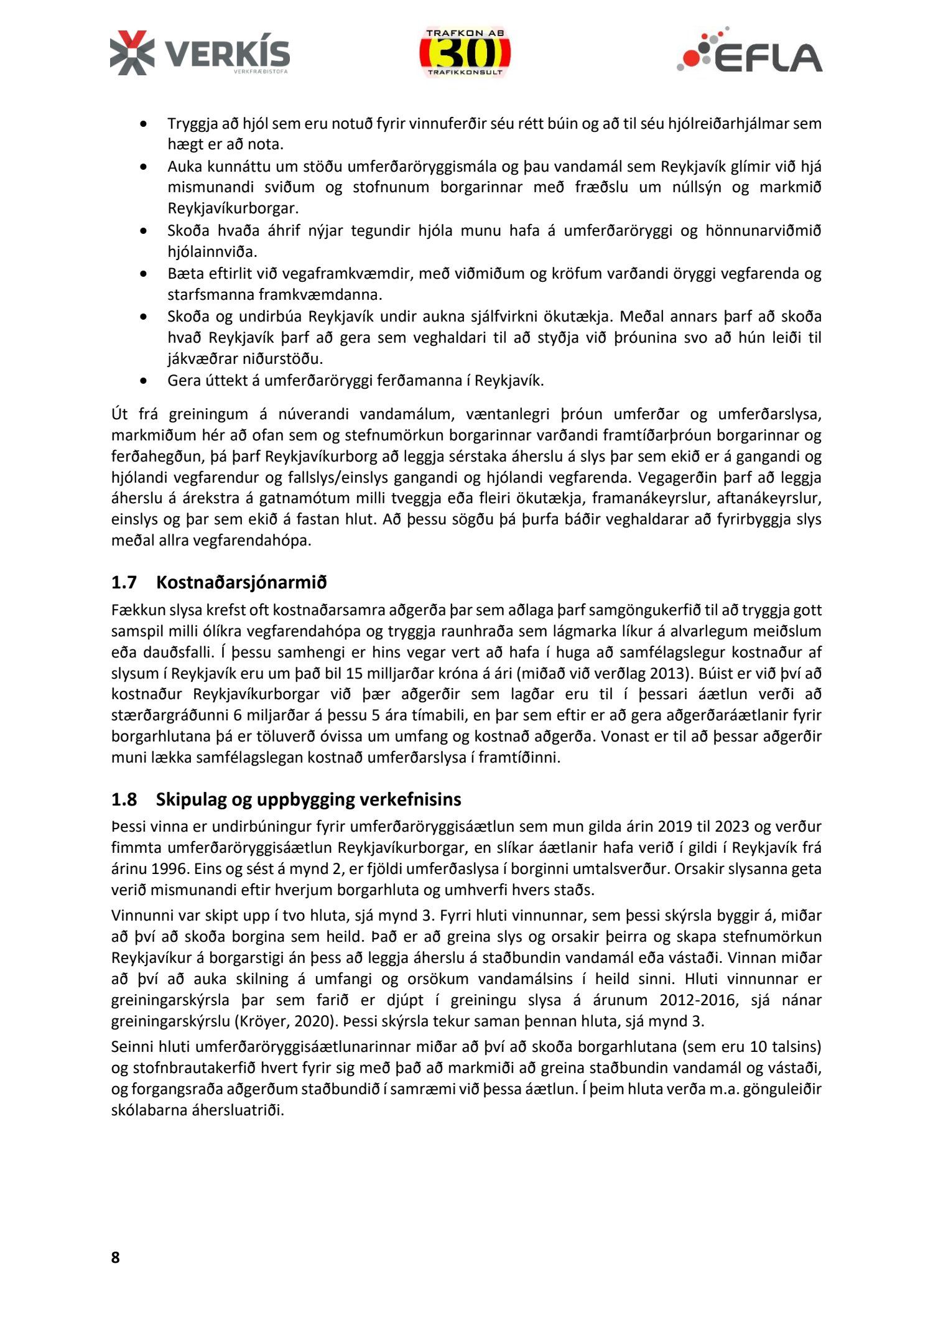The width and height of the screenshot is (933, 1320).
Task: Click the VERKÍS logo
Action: coord(200,53)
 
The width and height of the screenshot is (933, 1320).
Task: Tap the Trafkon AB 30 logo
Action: coord(465,53)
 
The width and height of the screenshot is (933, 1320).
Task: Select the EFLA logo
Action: coord(750,50)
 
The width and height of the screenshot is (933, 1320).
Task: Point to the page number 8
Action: coord(116,1257)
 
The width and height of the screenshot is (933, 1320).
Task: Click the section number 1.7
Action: coord(124,582)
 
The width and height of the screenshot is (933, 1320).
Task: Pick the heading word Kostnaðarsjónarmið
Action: coord(241,582)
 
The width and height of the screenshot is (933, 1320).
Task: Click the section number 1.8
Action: coord(124,799)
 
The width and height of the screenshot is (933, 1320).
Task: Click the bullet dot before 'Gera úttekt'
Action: coord(144,381)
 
